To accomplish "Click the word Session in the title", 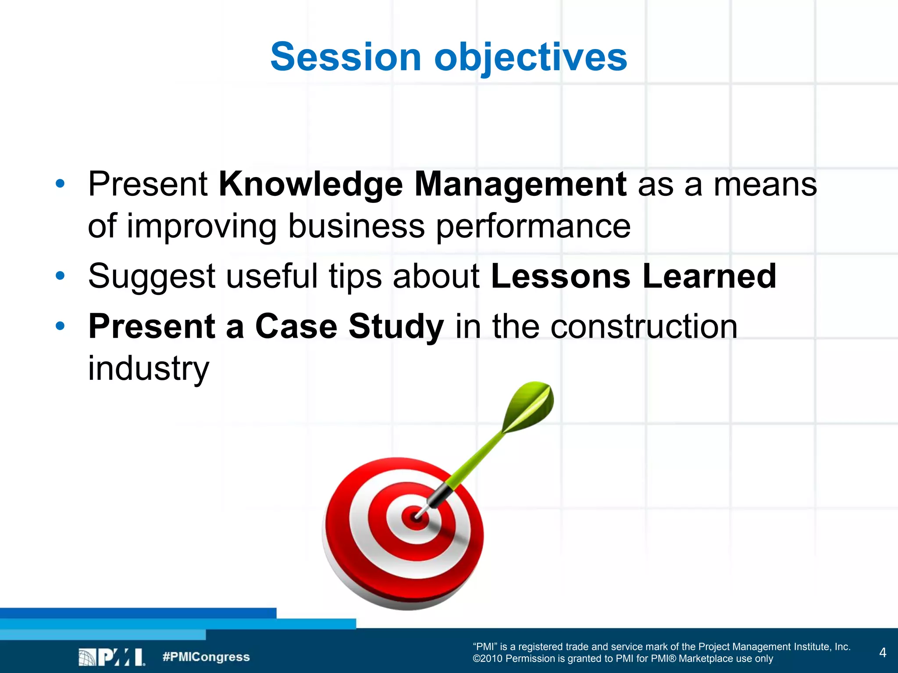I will coord(346,57).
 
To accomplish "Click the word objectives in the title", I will coord(531,58).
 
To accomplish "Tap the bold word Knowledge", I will coord(310,184).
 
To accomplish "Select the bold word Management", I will coord(520,184).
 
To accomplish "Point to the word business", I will coord(356,226).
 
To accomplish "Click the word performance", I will coord(533,227).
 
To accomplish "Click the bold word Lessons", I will coord(561,276).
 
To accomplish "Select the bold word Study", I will coord(396,327).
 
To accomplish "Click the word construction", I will coord(644,326).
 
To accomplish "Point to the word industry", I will coord(148,368).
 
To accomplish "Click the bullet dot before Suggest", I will coord(60,276).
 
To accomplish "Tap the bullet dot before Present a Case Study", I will coord(60,326).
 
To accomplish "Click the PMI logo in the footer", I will coord(111,657).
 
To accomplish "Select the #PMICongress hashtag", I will coord(206,657).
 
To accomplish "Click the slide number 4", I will coord(883,652).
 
